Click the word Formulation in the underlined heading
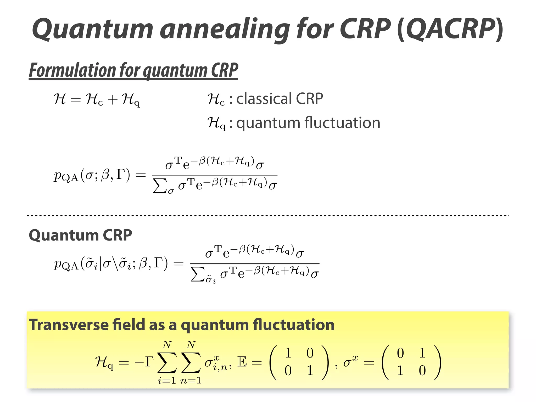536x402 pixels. click(72, 70)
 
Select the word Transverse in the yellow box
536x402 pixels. click(69, 325)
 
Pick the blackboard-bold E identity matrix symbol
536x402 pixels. click(242, 362)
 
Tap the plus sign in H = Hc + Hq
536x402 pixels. click(113, 100)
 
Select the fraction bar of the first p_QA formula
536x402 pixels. click(215, 175)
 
